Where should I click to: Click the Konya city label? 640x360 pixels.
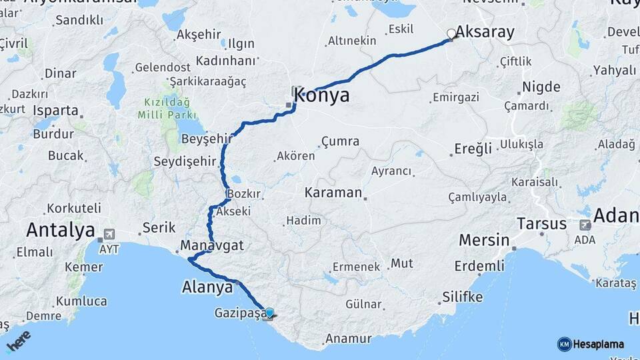click(x=322, y=95)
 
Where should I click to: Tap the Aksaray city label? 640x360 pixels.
click(x=485, y=33)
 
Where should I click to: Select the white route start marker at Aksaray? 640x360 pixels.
click(x=451, y=33)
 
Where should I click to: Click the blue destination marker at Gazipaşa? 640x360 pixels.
click(x=269, y=313)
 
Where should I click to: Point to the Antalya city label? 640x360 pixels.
click(x=60, y=231)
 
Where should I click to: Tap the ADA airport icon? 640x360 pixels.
click(x=585, y=225)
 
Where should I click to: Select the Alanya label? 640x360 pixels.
click(x=207, y=287)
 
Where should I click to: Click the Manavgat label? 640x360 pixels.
click(x=211, y=246)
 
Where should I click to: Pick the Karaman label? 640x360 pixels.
click(x=333, y=193)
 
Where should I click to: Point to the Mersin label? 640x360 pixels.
click(x=483, y=241)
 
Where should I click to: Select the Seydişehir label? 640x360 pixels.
click(x=185, y=162)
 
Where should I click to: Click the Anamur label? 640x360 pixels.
click(x=348, y=339)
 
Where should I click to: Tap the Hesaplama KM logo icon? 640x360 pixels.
click(x=564, y=344)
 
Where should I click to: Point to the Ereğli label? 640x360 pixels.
click(x=473, y=148)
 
